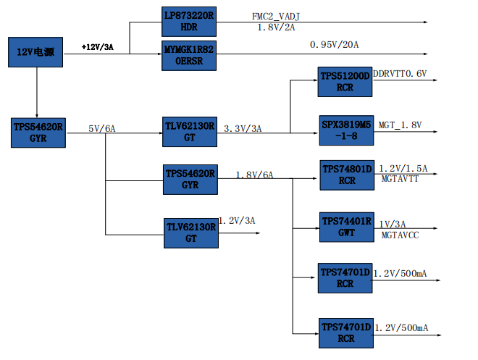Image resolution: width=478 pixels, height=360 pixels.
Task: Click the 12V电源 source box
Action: (35, 52)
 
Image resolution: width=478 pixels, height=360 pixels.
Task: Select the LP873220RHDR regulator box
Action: (189, 22)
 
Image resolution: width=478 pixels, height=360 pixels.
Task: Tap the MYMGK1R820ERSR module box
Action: (189, 56)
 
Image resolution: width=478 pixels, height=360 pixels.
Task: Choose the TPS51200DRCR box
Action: (345, 82)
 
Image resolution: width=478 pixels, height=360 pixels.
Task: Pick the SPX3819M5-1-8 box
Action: (346, 130)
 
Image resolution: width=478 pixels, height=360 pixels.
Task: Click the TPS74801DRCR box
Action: (347, 175)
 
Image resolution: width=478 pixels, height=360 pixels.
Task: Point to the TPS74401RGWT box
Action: (347, 227)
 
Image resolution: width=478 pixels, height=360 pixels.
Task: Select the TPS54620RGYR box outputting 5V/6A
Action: (38, 133)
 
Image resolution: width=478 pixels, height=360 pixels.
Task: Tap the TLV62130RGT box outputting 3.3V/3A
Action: (190, 132)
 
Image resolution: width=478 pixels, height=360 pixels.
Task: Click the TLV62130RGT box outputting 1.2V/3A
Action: (191, 233)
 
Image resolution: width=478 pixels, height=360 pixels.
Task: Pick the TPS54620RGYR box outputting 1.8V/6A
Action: (190, 179)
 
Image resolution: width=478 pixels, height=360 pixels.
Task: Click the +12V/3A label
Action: (97, 47)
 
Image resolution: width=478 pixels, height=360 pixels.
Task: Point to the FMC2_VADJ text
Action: (276, 17)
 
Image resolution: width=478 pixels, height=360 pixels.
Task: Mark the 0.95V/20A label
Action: (334, 45)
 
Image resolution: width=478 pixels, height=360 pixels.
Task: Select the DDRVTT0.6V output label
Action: (400, 74)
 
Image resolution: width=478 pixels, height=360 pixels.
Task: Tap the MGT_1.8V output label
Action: (400, 125)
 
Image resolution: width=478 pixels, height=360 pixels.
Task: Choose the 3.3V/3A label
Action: (243, 129)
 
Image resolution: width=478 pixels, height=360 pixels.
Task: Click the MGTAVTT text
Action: (400, 179)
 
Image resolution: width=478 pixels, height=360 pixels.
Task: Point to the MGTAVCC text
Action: (400, 235)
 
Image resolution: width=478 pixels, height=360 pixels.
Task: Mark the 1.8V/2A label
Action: (276, 28)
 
